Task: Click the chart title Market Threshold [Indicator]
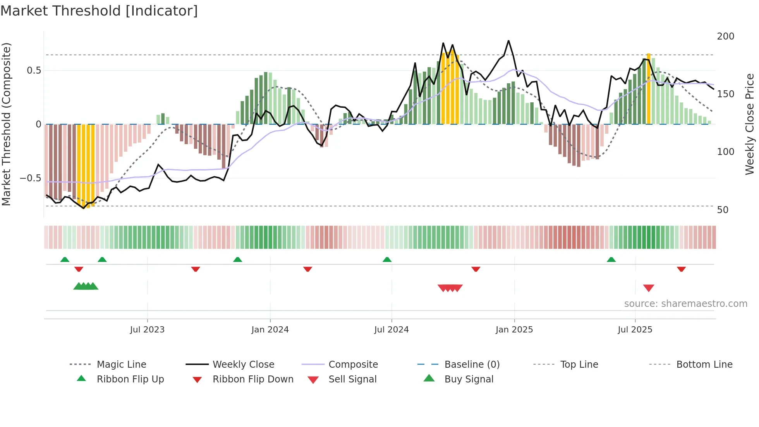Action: [x=99, y=11]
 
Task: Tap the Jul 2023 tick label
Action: [x=147, y=330]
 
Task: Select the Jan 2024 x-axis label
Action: [x=270, y=330]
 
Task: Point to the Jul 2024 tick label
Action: [x=392, y=330]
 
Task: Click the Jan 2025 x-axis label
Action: [x=514, y=330]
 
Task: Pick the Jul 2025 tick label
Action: [x=635, y=330]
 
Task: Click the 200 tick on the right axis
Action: [x=725, y=36]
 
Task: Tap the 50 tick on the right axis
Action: [x=723, y=210]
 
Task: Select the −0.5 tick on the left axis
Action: [x=30, y=178]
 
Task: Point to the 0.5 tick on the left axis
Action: [x=34, y=71]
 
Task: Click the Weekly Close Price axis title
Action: [x=750, y=124]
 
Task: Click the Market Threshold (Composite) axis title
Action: [x=6, y=124]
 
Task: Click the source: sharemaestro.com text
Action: [x=685, y=304]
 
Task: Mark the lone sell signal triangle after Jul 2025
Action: [x=649, y=288]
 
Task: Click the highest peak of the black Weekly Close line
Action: [x=508, y=41]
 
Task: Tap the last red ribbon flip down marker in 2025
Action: [x=681, y=269]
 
